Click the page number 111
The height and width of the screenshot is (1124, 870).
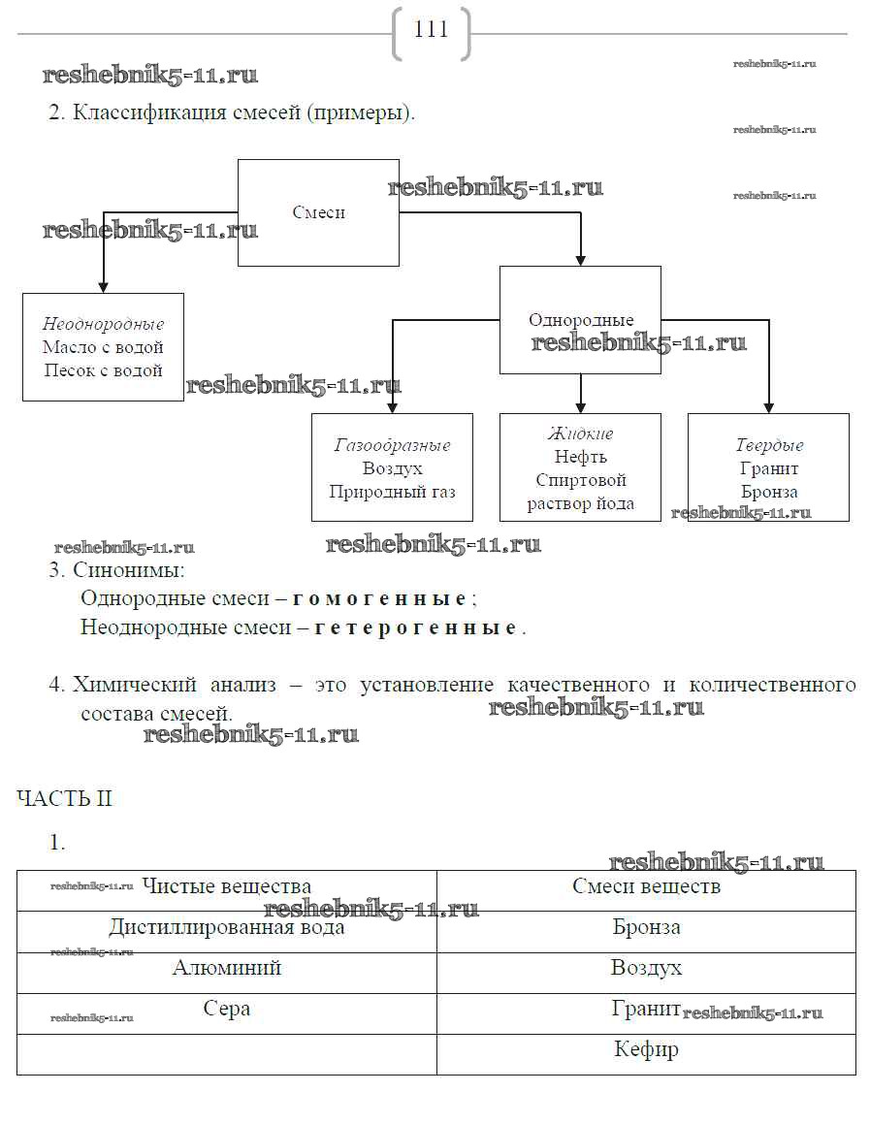(x=431, y=30)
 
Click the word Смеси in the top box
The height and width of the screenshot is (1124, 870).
(x=318, y=212)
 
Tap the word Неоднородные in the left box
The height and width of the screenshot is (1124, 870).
(x=103, y=324)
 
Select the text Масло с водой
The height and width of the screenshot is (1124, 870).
(x=103, y=347)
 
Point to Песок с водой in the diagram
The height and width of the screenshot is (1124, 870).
(x=103, y=370)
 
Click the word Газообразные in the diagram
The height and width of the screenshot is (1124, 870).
(x=392, y=446)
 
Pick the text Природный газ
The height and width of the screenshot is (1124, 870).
(x=392, y=492)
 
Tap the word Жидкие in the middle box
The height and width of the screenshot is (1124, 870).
(x=580, y=434)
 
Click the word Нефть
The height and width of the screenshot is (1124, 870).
(x=580, y=457)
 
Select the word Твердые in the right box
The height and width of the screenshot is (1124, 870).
(x=768, y=446)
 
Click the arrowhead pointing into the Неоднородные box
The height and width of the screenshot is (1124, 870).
(x=103, y=287)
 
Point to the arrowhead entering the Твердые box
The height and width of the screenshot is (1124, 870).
(x=768, y=407)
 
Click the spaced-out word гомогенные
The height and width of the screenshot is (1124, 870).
(x=379, y=597)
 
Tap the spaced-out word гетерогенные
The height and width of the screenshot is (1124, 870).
(x=416, y=627)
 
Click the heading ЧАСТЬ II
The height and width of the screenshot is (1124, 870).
(x=64, y=799)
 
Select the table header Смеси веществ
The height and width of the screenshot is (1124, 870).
(x=646, y=886)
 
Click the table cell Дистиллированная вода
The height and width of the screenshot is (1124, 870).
(x=226, y=928)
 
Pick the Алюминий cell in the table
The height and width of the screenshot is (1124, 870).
(x=226, y=969)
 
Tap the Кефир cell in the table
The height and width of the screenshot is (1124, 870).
(x=646, y=1050)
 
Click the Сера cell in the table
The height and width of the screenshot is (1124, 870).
(x=226, y=1010)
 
